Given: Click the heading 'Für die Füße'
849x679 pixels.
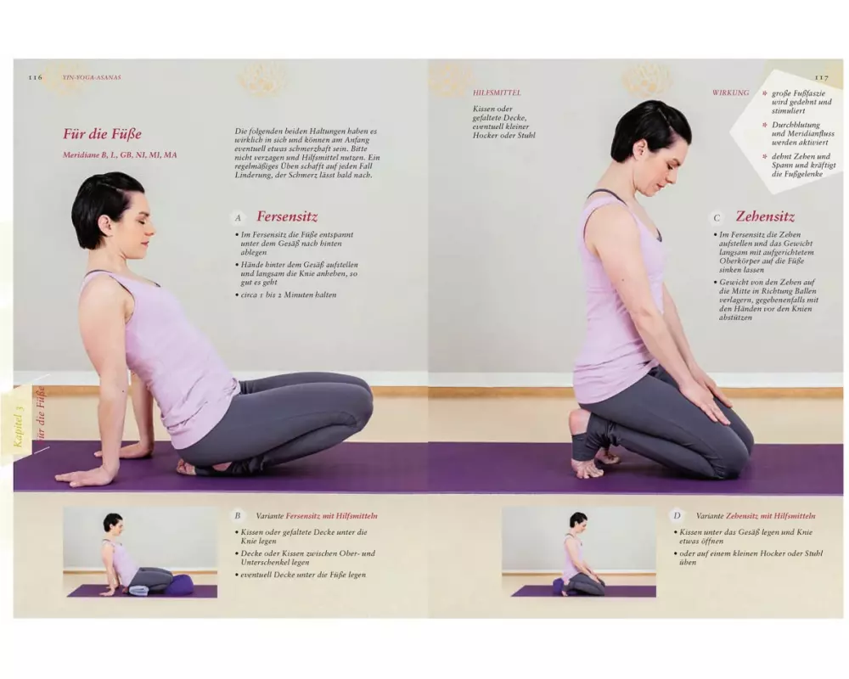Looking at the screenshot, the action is (102, 134).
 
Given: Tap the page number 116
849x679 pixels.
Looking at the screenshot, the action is (35, 77).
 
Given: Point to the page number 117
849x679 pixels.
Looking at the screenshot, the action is (821, 77).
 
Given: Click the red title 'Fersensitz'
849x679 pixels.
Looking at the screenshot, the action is (287, 216).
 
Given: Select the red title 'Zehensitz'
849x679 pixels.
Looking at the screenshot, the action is (765, 216).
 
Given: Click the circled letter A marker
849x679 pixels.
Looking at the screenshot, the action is (237, 217).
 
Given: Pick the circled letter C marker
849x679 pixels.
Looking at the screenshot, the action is (717, 217).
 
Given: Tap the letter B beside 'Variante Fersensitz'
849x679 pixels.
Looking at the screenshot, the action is (237, 516).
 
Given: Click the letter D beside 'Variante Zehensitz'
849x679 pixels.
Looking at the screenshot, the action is (677, 516).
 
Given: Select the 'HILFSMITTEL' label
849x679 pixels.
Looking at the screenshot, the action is (497, 93).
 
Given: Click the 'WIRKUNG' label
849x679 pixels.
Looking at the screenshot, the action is (730, 93).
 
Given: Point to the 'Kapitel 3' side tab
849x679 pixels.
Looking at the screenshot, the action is (20, 426).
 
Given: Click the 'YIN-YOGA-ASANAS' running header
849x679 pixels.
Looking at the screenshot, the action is (92, 77).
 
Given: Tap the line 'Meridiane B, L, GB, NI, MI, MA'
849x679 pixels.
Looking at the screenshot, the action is (120, 154).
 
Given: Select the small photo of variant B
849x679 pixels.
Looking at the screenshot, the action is (140, 553).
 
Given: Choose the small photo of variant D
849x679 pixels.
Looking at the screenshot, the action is (579, 553).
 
